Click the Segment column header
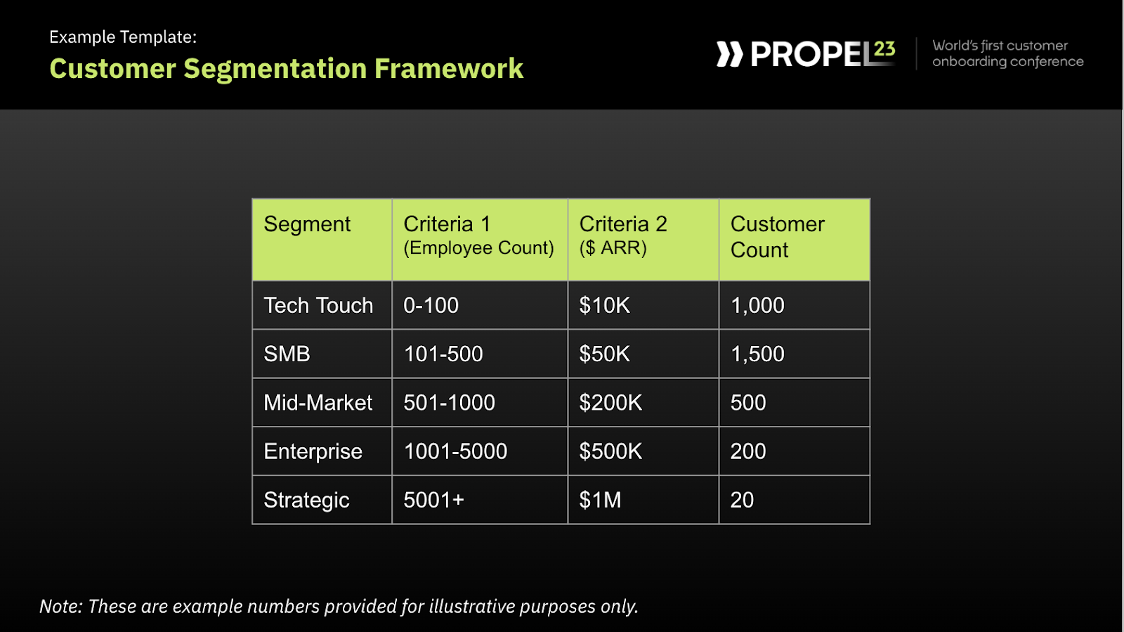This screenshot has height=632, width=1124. (x=307, y=224)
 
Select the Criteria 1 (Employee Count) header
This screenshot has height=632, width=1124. (x=478, y=236)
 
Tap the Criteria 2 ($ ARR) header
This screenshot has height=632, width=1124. (x=622, y=236)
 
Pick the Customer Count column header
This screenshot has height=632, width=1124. (x=777, y=237)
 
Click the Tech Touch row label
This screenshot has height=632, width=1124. (x=318, y=305)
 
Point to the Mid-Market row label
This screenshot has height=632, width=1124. (x=318, y=403)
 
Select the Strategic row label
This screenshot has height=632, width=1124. (x=306, y=500)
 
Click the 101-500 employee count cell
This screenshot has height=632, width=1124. (x=443, y=354)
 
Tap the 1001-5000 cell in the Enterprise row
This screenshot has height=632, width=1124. (x=455, y=451)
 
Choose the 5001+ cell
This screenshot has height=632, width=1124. (x=433, y=500)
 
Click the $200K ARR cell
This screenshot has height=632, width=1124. (x=610, y=403)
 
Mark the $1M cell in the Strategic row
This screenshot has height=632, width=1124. (x=600, y=500)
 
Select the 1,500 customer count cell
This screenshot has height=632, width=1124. (x=757, y=354)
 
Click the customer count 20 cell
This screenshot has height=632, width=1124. (x=742, y=500)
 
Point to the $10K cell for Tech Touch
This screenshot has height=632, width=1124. (x=604, y=305)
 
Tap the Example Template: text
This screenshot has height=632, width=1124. (x=123, y=37)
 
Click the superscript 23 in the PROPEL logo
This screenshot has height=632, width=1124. (x=884, y=49)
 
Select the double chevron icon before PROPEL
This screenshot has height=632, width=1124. (x=729, y=54)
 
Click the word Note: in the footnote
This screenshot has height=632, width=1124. (x=61, y=606)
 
